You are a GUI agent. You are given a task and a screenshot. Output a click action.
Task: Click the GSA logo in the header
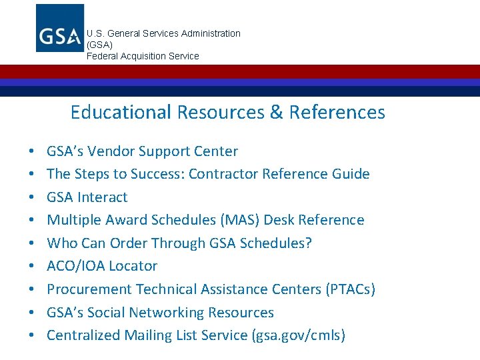[60, 28]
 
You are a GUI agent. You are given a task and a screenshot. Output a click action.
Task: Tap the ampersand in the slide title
[276, 112]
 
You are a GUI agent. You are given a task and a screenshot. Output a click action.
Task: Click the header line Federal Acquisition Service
[143, 56]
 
